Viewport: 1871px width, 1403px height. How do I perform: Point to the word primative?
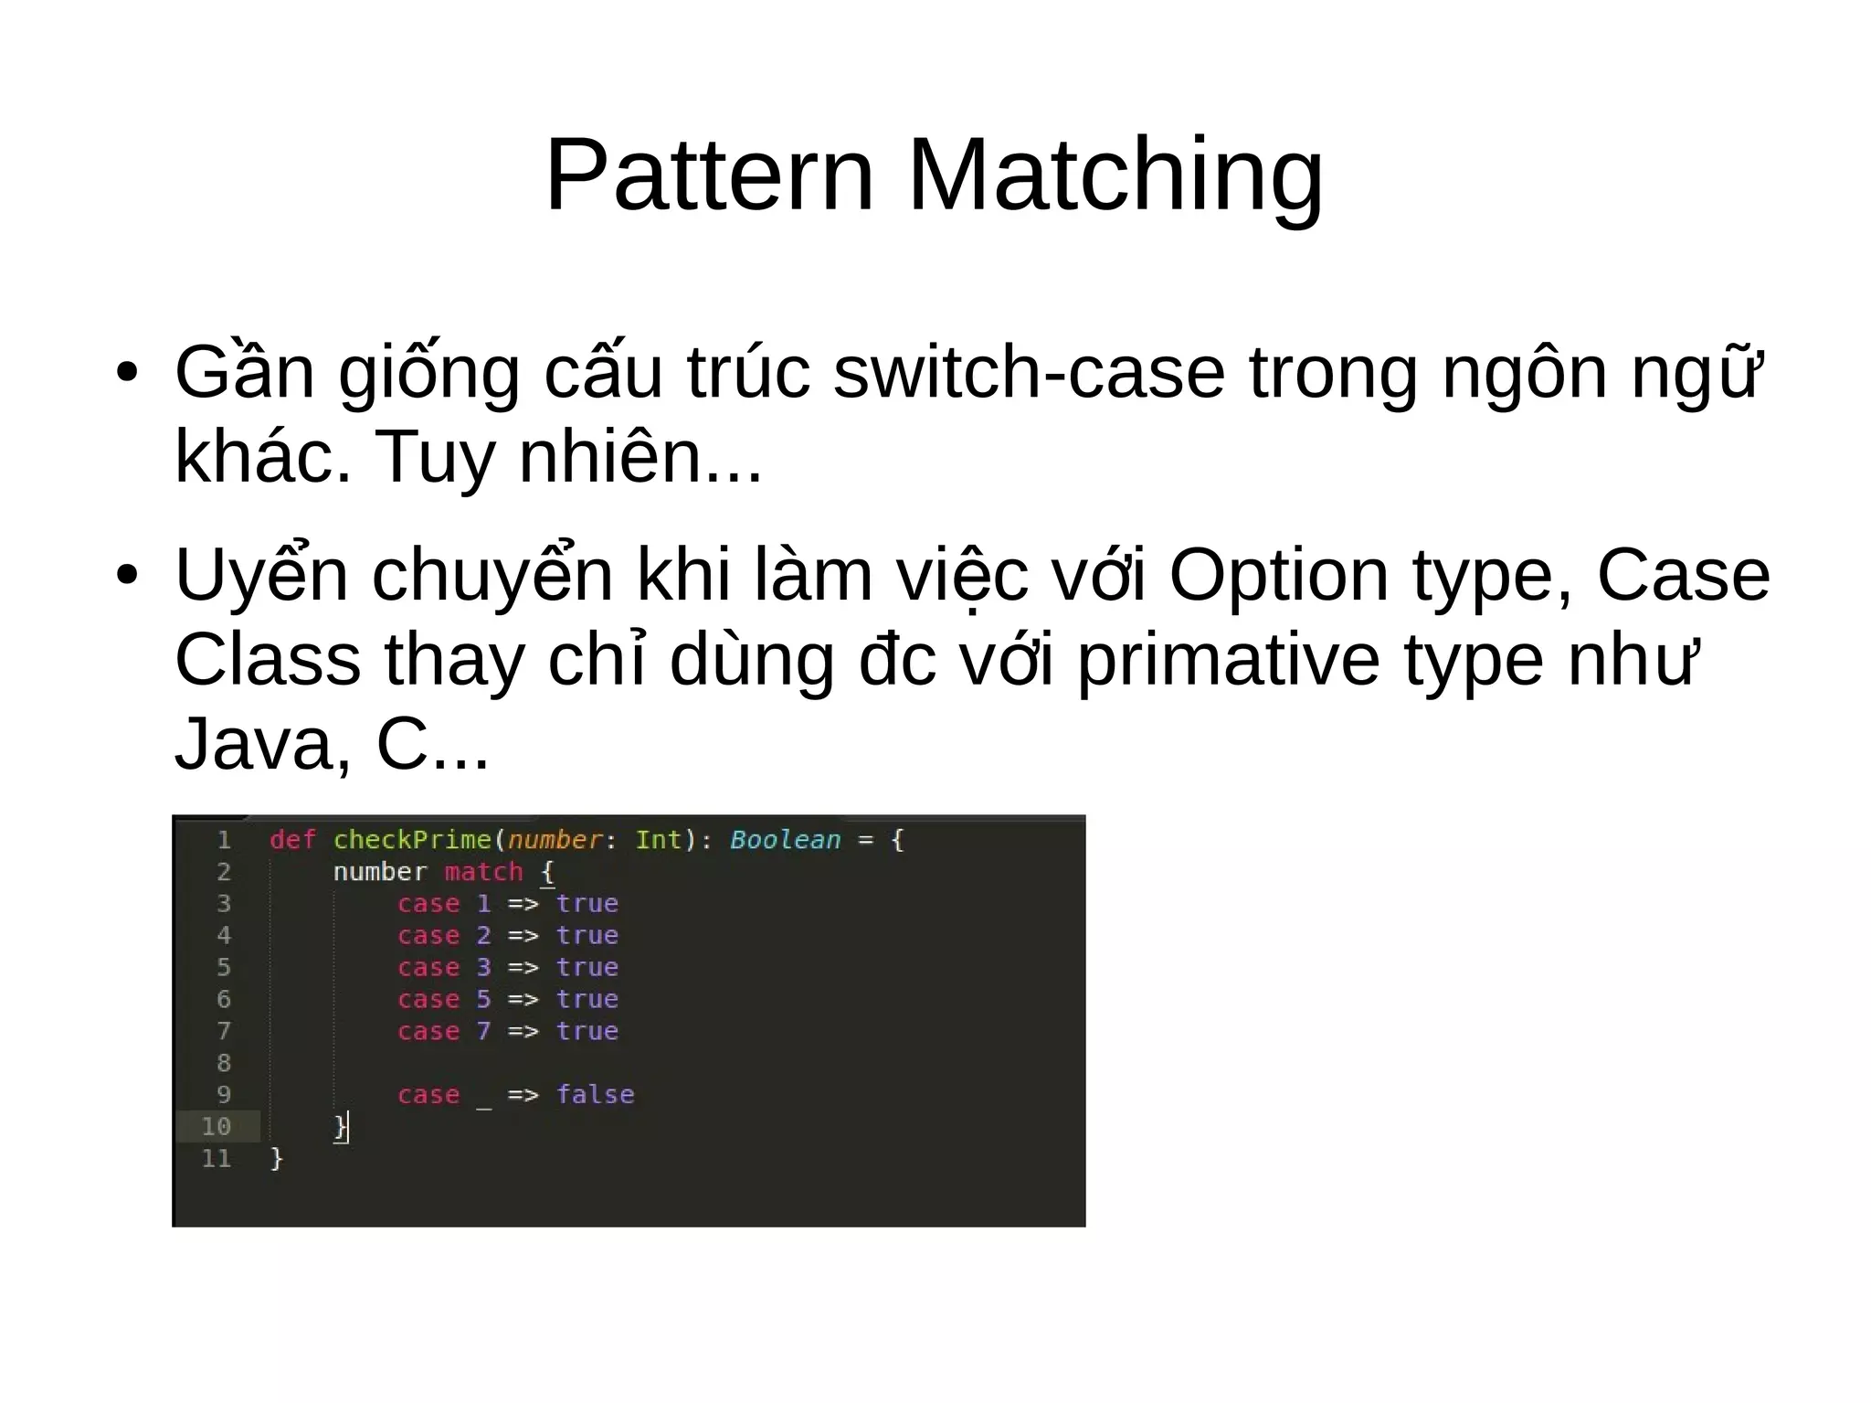(x=1229, y=660)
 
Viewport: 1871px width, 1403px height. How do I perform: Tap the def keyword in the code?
(x=292, y=840)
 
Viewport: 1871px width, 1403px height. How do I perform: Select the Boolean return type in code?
(x=785, y=840)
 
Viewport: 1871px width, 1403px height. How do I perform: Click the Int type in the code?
(x=659, y=840)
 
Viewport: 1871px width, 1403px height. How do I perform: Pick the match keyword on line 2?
(x=483, y=872)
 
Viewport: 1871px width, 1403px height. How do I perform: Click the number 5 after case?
(x=483, y=999)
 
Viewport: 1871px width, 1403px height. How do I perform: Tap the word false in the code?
(x=595, y=1094)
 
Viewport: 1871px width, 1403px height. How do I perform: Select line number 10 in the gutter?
(x=216, y=1126)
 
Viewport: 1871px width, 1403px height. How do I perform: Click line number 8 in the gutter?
(x=224, y=1063)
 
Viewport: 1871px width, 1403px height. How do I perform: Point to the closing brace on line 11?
(x=277, y=1159)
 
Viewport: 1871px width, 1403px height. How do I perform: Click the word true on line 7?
(x=587, y=1031)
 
